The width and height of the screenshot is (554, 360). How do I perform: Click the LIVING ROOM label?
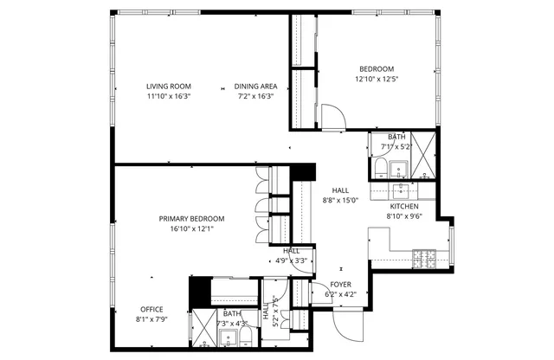168,86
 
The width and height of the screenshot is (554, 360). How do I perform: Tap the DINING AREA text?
255,86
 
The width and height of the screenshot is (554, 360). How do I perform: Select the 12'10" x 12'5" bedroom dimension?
377,80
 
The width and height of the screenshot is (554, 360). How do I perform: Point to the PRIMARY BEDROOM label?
191,219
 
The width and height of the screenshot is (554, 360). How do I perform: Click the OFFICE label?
151,309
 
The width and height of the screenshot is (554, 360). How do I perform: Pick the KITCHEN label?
404,207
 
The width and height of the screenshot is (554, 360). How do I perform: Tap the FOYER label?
341,285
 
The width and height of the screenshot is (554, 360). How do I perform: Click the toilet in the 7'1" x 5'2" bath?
381,166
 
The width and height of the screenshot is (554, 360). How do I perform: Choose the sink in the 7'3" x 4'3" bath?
228,337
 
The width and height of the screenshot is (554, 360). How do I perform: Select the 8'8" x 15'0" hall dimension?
340,201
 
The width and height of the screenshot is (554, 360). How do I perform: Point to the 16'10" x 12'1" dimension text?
191,228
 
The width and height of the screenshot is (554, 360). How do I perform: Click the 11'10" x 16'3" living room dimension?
168,96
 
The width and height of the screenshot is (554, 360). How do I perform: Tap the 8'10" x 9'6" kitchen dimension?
404,217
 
